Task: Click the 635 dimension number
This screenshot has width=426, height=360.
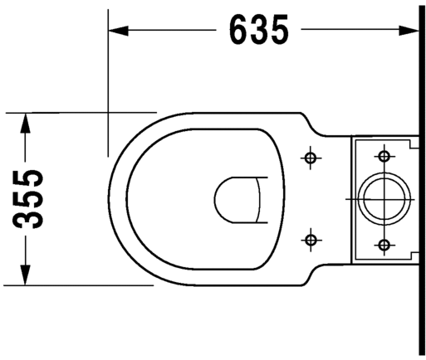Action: (x=259, y=29)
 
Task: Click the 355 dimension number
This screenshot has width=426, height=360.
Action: (x=28, y=199)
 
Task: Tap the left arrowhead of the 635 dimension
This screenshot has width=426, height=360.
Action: (x=119, y=30)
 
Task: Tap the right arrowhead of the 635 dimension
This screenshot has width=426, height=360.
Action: (x=409, y=30)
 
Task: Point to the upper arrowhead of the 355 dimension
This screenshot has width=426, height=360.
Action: (x=26, y=123)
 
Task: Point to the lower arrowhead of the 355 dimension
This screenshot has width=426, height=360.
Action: (x=26, y=275)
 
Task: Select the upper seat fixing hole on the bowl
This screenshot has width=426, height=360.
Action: (x=310, y=158)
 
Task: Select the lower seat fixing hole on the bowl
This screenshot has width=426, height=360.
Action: (x=310, y=240)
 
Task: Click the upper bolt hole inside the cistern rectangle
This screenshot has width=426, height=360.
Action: (x=384, y=157)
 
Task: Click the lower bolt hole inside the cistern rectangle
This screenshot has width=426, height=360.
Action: (x=384, y=245)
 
